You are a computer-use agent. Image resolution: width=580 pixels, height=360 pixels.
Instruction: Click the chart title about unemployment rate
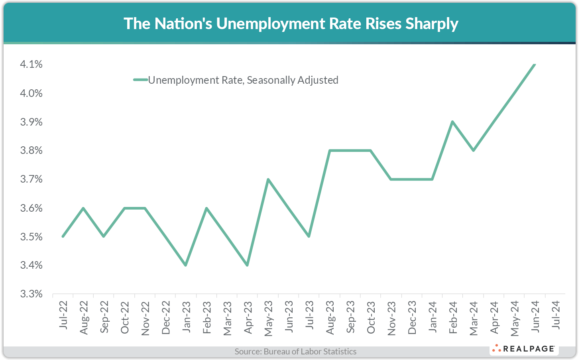291,24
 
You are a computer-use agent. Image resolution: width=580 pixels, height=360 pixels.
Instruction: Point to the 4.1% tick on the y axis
31,64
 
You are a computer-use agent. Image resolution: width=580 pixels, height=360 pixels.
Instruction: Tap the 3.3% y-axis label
31,294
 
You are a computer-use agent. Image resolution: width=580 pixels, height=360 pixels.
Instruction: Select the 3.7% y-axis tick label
31,179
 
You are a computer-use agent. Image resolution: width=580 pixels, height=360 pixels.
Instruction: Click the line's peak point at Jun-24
535,64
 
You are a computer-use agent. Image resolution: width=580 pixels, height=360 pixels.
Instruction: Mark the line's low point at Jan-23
186,265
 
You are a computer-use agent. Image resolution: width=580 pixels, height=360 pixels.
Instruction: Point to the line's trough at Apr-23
248,265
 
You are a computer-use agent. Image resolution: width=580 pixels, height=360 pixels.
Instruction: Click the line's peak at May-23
268,179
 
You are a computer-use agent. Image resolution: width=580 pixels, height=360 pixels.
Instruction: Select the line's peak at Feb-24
452,122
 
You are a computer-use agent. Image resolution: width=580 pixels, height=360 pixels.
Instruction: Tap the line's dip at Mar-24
473,150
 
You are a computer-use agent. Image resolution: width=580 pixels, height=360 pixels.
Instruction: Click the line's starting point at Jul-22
63,236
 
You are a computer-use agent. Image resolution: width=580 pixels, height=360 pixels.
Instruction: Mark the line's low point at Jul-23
309,236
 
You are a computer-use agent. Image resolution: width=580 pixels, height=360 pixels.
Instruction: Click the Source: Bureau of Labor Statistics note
295,352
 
